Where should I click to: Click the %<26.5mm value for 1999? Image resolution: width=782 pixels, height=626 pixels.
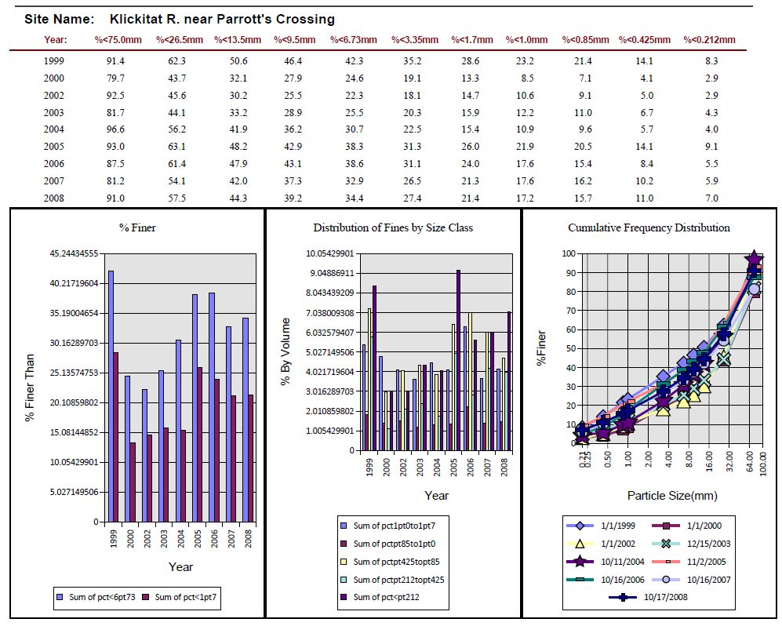[176, 61]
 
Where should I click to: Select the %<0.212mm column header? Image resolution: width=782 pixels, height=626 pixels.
[709, 40]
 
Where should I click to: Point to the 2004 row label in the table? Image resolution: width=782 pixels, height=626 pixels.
[54, 129]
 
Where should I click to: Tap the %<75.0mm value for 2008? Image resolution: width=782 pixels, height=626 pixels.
[115, 198]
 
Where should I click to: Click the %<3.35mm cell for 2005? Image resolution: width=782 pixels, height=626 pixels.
[413, 146]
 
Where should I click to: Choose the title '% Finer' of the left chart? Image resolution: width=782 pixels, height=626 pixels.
[137, 227]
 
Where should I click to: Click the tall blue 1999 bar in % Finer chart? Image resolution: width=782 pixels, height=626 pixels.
[111, 396]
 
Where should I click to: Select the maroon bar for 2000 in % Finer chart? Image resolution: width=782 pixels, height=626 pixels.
[133, 482]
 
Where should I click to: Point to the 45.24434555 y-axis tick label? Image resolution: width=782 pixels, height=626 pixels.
[74, 253]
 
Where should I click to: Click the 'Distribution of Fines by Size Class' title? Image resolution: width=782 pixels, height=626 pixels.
[393, 227]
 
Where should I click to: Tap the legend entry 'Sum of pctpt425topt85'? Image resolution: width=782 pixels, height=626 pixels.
[391, 562]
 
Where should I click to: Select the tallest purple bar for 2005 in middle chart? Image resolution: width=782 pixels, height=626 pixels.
[458, 360]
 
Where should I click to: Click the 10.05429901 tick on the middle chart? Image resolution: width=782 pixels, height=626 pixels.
[329, 253]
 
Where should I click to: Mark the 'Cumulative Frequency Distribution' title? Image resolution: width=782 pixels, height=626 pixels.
[649, 227]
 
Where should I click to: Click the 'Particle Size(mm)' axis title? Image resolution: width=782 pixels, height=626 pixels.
[672, 495]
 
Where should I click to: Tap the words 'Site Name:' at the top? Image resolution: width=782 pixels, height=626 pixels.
[60, 19]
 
